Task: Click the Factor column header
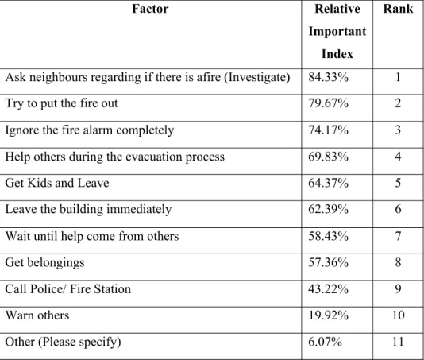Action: pos(150,9)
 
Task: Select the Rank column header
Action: pos(398,9)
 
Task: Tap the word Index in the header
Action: pos(337,53)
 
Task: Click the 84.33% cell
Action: pos(328,77)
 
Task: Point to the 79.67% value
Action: pos(328,103)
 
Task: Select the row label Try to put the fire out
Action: pos(62,103)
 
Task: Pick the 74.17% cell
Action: pos(328,130)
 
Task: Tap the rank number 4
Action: pos(398,157)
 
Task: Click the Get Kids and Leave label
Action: pos(57,183)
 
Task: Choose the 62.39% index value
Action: pos(328,209)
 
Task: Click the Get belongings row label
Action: pos(45,263)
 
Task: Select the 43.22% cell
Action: pos(328,289)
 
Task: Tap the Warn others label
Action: pos(37,315)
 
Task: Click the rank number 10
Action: pos(398,315)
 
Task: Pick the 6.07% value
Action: pos(325,342)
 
